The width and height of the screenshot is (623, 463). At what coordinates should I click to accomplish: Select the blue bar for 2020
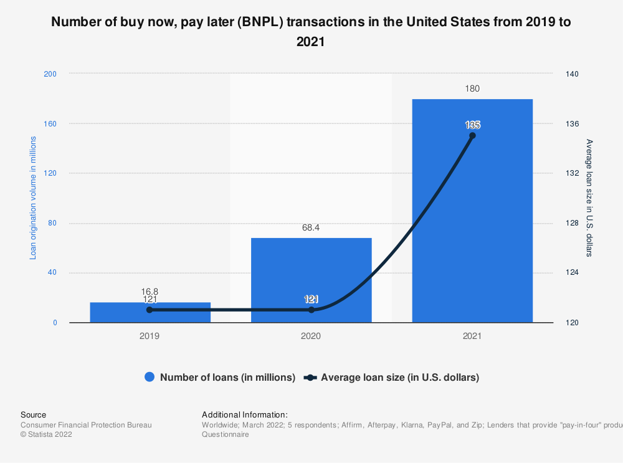click(x=311, y=280)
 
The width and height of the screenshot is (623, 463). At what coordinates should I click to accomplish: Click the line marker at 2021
click(x=472, y=135)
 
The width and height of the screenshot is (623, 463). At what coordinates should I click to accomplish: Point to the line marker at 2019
click(x=150, y=310)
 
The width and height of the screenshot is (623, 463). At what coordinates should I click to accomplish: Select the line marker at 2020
click(x=311, y=310)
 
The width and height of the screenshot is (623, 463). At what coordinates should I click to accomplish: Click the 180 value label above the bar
click(x=472, y=88)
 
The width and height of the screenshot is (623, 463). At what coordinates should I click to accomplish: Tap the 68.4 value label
click(x=311, y=228)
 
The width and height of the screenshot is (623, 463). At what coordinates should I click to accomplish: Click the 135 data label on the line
click(x=472, y=125)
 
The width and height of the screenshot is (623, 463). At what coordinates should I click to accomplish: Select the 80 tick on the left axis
click(x=52, y=223)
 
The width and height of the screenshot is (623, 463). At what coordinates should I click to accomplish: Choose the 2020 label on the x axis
click(x=311, y=335)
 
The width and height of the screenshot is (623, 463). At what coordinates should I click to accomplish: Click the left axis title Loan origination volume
click(x=34, y=198)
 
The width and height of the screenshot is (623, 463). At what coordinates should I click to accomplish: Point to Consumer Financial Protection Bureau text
click(x=86, y=425)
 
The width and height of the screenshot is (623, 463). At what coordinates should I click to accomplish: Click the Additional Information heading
click(x=245, y=414)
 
